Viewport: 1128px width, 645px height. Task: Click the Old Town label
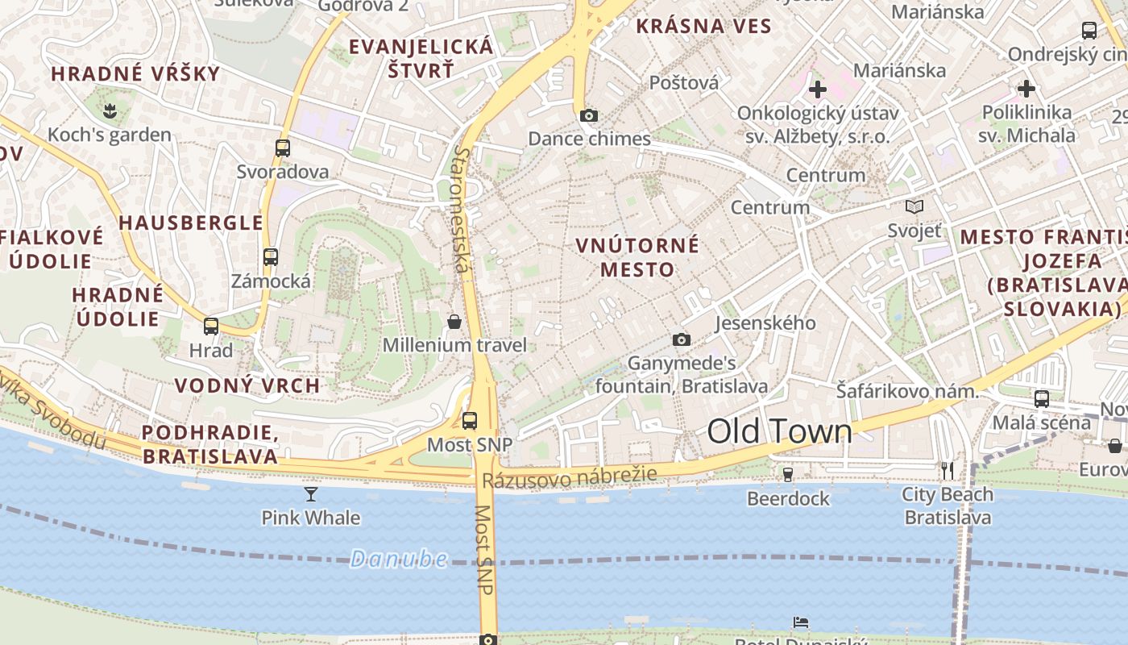(779, 432)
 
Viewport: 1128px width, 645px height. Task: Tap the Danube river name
(399, 559)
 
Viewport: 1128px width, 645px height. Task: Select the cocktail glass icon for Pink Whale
(311, 493)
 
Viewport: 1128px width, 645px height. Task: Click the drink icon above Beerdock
(788, 475)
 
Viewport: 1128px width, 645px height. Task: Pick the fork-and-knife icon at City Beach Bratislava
(948, 470)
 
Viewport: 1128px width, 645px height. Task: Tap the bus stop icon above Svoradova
(283, 148)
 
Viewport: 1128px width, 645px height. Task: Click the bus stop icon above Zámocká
(271, 257)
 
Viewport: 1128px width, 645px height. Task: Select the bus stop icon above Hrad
(211, 327)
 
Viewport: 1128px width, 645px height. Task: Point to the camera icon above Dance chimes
(589, 115)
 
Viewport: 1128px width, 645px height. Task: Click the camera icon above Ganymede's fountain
(682, 339)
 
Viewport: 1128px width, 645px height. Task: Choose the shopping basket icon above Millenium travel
(454, 322)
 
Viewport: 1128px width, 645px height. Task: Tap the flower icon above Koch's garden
(109, 110)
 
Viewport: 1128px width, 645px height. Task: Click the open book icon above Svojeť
(914, 207)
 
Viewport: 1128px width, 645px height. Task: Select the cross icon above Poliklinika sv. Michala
(1026, 88)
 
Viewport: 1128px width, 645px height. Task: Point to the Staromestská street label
(462, 208)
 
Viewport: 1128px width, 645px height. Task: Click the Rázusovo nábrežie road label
(570, 477)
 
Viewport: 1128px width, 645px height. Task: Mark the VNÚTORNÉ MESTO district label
(637, 257)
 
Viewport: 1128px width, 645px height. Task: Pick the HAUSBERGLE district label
(191, 223)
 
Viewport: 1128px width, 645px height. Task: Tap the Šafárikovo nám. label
(906, 392)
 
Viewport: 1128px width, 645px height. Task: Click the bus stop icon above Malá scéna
(1042, 398)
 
